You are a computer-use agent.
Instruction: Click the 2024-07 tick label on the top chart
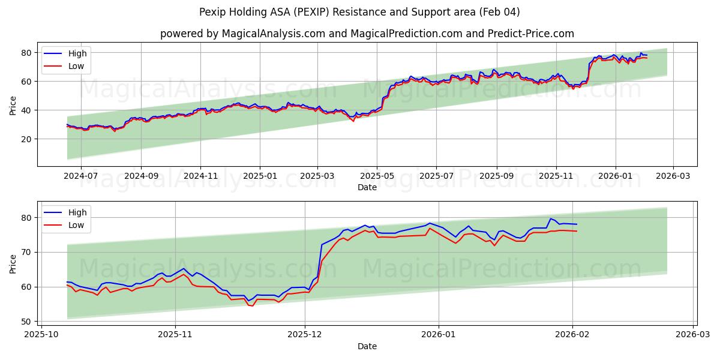[80, 177]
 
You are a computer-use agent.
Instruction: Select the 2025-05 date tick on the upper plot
[377, 177]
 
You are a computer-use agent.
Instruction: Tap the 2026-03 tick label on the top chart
[673, 177]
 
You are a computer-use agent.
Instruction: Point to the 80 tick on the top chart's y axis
[26, 53]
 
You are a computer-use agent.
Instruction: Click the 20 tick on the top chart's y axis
[26, 139]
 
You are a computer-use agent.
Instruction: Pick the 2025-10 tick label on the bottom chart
[42, 335]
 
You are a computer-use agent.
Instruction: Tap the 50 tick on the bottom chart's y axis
[26, 322]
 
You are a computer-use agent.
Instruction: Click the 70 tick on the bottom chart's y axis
[26, 252]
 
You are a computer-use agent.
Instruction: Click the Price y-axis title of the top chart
[13, 104]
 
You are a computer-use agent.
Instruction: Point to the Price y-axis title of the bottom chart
[13, 263]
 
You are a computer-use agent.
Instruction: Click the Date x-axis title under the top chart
[367, 188]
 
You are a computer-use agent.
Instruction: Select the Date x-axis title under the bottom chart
[367, 346]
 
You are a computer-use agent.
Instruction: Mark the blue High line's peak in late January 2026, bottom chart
[550, 218]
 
